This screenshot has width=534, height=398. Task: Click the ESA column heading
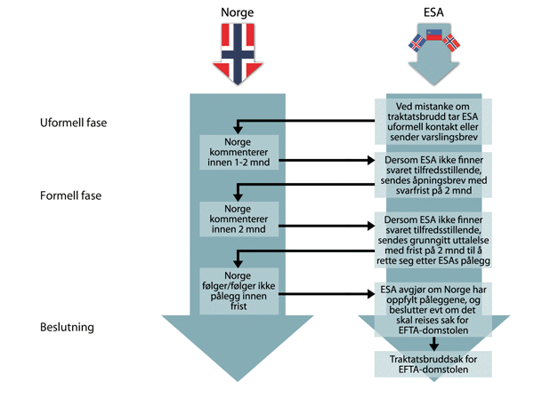(432, 14)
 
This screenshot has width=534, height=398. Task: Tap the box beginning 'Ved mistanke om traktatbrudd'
(432, 121)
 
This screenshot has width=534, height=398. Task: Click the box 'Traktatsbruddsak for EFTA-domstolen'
(432, 362)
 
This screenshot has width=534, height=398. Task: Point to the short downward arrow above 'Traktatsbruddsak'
(432, 341)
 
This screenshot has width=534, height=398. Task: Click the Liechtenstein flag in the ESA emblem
(433, 36)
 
